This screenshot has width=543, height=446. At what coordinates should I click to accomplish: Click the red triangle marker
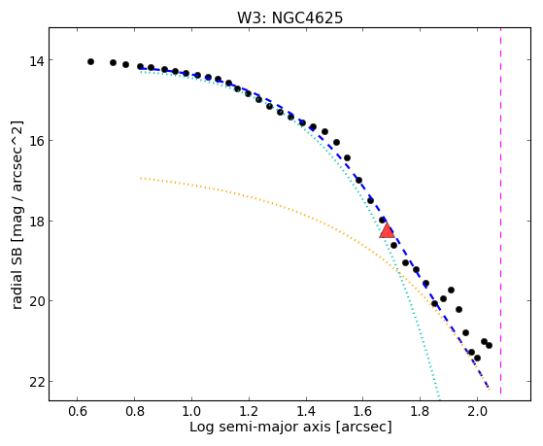click(x=387, y=231)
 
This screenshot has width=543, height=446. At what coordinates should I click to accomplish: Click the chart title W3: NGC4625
click(x=289, y=17)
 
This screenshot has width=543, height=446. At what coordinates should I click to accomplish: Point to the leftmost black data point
click(x=90, y=61)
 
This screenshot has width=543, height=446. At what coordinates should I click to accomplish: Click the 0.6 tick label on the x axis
click(x=78, y=412)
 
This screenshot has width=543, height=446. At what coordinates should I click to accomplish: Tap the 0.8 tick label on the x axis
click(x=134, y=412)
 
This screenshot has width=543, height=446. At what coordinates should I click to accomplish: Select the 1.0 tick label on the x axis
click(x=191, y=412)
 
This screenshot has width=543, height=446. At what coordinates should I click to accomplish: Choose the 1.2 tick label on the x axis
click(x=249, y=412)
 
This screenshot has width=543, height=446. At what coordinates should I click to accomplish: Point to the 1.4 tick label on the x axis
click(x=306, y=412)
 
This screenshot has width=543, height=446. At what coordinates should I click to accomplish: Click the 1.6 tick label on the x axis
click(x=362, y=412)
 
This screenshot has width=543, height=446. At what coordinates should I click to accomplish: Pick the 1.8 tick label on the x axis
click(x=420, y=412)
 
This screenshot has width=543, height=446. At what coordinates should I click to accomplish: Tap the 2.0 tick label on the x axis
click(x=477, y=412)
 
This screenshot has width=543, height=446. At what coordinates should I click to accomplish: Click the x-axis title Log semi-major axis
click(x=260, y=428)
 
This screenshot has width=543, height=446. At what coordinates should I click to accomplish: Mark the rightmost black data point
click(x=489, y=346)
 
